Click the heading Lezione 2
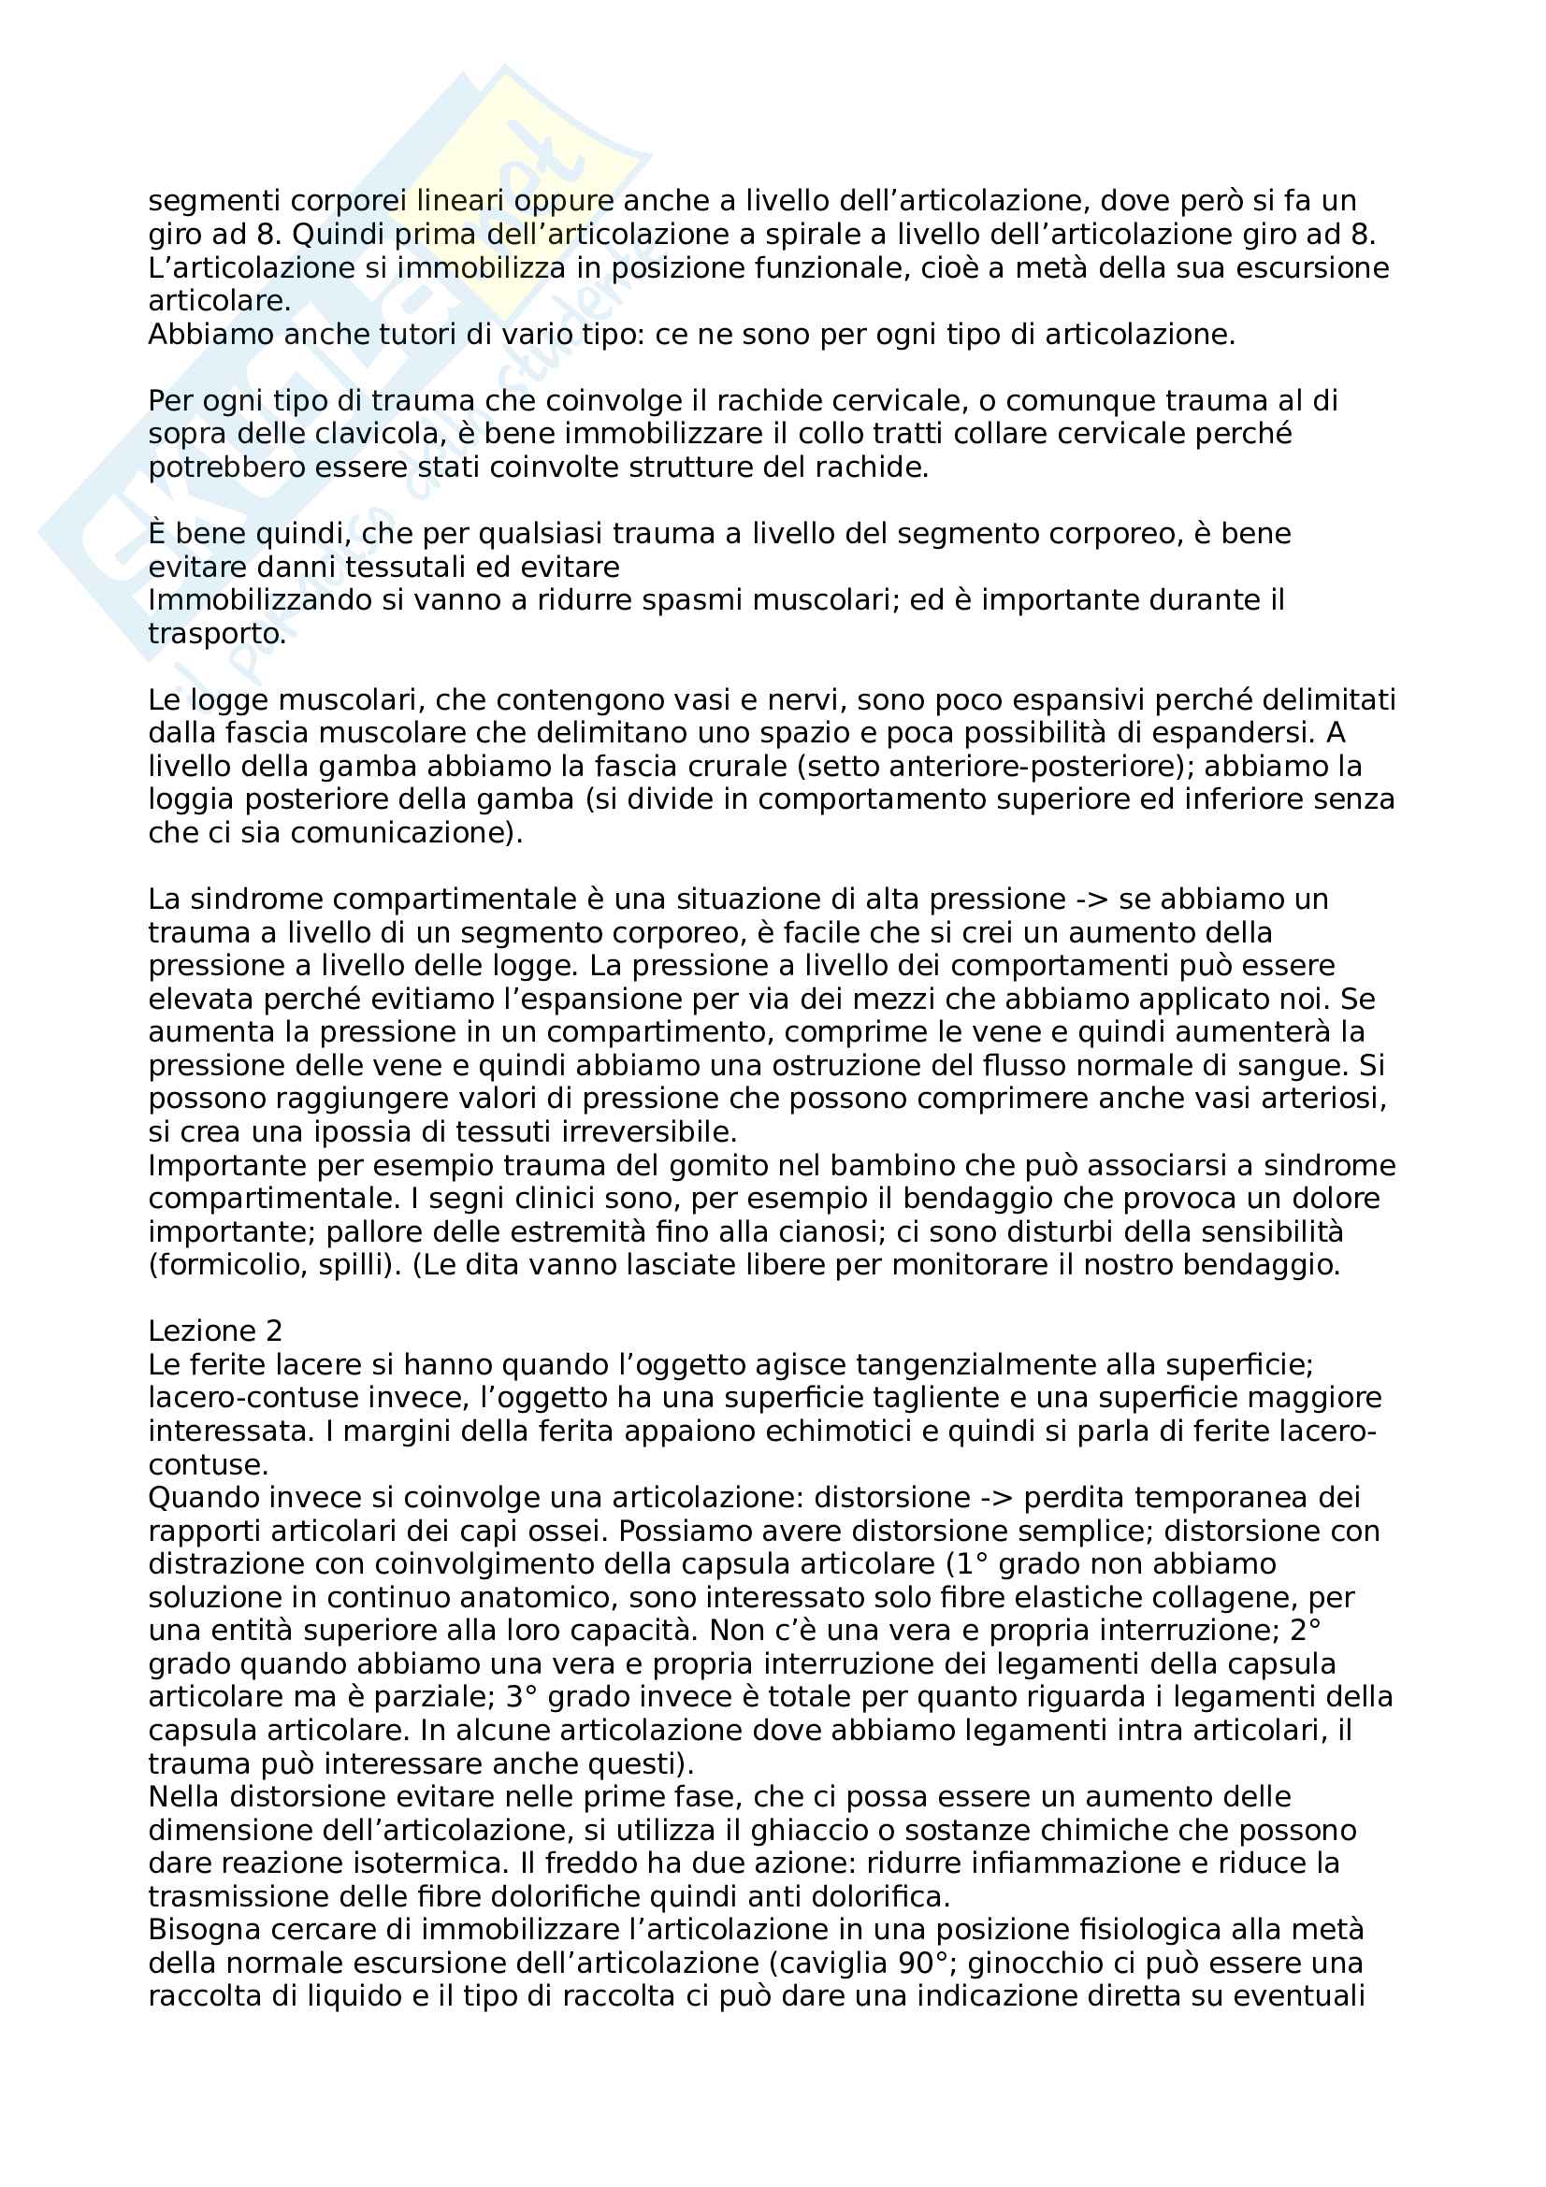(x=215, y=1331)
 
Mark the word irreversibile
(x=654, y=1132)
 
